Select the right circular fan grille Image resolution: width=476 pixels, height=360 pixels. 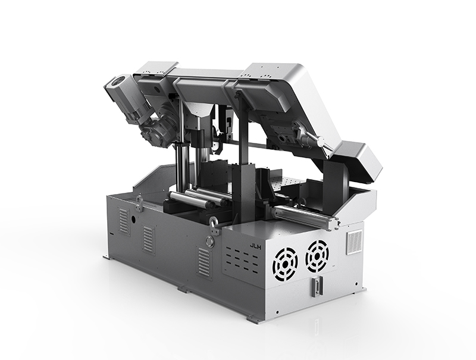[317, 256]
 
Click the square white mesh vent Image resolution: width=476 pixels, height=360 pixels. [354, 242]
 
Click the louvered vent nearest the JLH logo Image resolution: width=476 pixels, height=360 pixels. [203, 261]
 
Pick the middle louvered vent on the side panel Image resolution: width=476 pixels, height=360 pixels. [149, 239]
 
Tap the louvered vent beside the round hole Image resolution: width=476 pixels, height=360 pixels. [124, 221]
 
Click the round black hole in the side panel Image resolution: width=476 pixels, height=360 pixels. [133, 219]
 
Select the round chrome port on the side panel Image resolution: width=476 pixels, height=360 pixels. [209, 242]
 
